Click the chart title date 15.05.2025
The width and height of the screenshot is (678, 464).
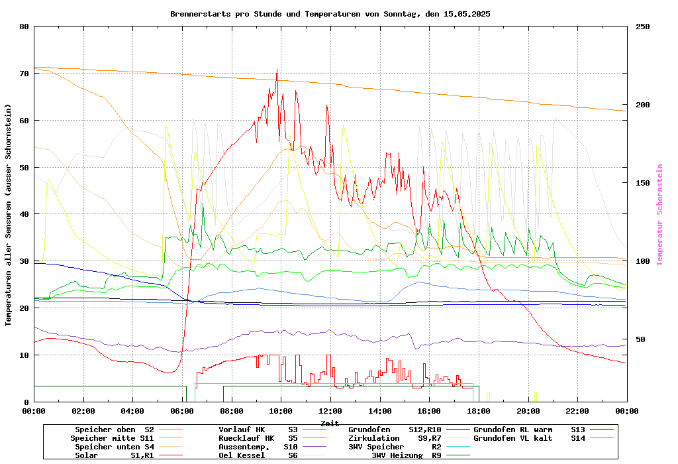(x=462, y=14)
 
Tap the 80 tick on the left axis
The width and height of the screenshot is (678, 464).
(x=24, y=27)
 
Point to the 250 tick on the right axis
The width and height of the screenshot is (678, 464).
(x=643, y=27)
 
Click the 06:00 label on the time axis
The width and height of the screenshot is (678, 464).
(x=182, y=411)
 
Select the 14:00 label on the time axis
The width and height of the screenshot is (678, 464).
(x=380, y=411)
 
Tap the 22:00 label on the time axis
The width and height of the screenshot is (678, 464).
(x=577, y=411)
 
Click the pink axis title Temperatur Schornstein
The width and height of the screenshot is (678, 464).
(x=659, y=215)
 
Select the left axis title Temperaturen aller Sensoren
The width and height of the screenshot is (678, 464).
(x=9, y=215)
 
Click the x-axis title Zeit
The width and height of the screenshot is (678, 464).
(x=330, y=423)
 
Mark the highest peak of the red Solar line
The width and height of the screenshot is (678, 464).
(x=277, y=70)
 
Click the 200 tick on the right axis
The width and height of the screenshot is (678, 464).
(x=643, y=105)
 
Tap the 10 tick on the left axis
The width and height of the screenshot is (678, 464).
(x=24, y=355)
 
